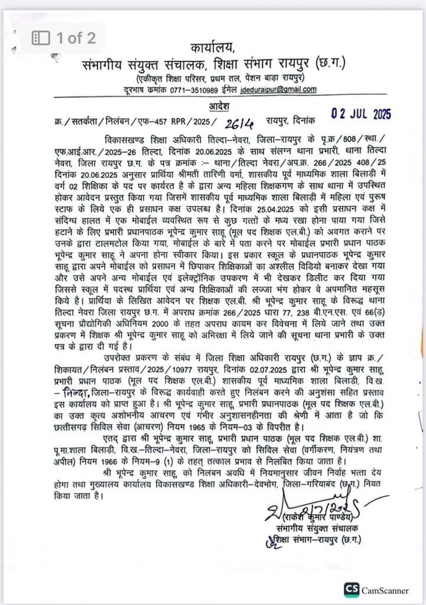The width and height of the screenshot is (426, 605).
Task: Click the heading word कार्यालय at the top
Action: click(213, 47)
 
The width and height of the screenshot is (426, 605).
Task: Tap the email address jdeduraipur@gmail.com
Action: click(278, 90)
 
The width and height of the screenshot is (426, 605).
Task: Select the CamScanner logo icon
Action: click(352, 590)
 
